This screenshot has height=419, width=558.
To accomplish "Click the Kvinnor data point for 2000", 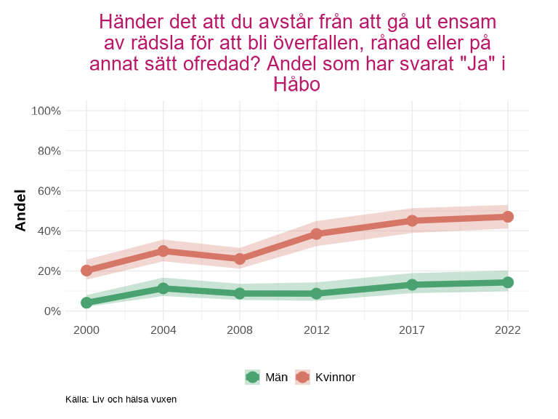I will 86,271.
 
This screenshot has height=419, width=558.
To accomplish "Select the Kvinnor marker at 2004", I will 163,251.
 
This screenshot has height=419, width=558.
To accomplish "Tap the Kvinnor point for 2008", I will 240,259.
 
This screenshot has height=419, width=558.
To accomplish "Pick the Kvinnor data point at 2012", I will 317,234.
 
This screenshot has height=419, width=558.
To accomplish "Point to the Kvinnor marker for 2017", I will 412,220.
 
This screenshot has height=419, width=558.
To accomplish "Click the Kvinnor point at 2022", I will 508,217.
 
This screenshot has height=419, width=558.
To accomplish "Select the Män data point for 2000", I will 86,303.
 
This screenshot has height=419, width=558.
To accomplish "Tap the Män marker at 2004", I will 163,288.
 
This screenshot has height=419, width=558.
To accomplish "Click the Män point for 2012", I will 317,294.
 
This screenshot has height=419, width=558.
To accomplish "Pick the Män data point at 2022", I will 508,282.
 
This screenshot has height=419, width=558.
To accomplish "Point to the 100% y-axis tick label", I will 46,111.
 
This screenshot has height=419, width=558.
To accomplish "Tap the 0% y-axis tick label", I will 52,311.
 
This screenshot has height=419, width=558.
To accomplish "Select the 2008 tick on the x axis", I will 240,330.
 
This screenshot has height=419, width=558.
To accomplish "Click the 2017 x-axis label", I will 412,330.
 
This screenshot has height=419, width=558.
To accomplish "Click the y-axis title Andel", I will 20,210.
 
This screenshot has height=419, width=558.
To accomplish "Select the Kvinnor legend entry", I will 326,377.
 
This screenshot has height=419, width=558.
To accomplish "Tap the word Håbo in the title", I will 296,84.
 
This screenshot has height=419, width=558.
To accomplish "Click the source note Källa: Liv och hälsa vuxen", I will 121,399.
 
